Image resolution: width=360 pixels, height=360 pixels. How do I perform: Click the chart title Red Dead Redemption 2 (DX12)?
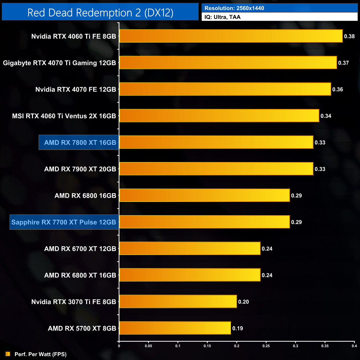click(100, 13)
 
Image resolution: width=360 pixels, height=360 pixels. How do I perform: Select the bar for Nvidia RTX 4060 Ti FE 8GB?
click(231, 36)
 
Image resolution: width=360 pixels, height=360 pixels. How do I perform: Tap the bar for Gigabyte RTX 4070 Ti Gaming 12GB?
click(228, 63)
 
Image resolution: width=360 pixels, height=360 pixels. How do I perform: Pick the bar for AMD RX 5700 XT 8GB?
click(175, 328)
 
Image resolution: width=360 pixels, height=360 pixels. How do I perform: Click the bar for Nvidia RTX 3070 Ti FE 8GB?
click(178, 302)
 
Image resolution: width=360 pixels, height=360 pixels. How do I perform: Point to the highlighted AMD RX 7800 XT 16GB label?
click(80, 143)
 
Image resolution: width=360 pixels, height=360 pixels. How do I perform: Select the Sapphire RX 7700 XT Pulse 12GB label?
click(64, 222)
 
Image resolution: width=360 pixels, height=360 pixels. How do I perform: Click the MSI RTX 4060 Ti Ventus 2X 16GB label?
click(64, 116)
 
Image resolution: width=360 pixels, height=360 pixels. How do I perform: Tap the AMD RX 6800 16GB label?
click(85, 196)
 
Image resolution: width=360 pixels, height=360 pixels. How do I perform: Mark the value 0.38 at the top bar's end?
click(349, 36)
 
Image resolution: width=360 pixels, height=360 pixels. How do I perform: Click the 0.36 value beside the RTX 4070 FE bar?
click(338, 89)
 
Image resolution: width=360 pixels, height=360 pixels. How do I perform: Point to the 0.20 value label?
click(243, 302)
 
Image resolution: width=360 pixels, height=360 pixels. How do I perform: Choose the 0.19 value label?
click(238, 328)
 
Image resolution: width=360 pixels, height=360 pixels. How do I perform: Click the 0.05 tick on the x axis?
click(148, 346)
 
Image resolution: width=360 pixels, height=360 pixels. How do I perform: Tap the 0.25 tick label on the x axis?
click(266, 346)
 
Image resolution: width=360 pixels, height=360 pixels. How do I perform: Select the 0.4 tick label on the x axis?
click(354, 346)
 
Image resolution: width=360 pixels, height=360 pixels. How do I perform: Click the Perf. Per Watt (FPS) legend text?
click(40, 354)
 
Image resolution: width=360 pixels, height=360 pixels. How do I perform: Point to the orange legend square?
click(8, 354)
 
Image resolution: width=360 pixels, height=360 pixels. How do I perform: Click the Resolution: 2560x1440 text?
click(234, 8)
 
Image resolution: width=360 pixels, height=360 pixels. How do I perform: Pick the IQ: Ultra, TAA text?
click(222, 17)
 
